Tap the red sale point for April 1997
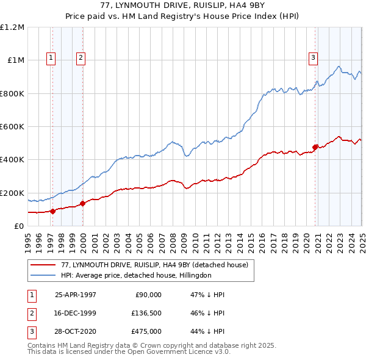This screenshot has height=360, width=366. pos(53,211)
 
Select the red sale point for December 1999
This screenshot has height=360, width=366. pos(82,204)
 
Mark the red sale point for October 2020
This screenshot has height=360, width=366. pos(315,147)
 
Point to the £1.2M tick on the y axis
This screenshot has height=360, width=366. pos(12,27)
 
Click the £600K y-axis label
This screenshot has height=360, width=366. pos(12,126)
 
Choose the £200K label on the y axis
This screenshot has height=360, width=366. pos(12,193)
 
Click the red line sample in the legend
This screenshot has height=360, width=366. pos(43,265)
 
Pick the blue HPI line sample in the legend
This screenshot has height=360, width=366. pos(43,276)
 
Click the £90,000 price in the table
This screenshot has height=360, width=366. pos(148,295)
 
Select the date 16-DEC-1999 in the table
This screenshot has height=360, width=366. pos(76,313)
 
